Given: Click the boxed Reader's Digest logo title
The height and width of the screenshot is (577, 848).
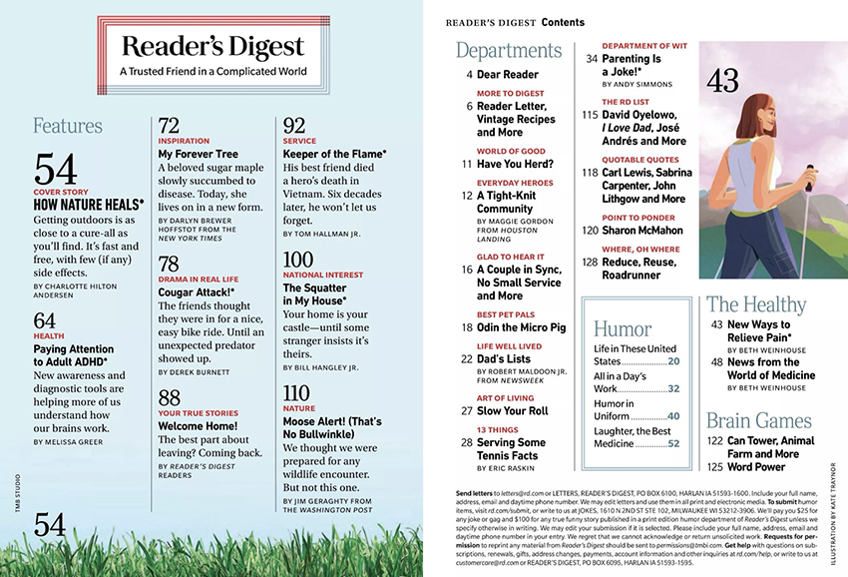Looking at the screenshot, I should pos(212,47).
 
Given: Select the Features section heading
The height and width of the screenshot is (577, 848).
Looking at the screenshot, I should pos(68,126).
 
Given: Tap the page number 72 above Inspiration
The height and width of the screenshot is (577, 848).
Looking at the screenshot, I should pos(170,126).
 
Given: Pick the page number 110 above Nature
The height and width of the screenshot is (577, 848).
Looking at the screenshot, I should pos(297,392).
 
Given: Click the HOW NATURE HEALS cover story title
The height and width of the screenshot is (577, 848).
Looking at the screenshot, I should pos(89,204).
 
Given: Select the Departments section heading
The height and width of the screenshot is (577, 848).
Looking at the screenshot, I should pos(509,51).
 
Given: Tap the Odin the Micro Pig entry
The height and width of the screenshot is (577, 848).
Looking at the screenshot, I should pos(521,327).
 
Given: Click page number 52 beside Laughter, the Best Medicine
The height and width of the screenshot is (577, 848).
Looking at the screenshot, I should pos(673,443).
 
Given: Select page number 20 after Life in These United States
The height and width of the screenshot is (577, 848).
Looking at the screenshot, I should pos(673,361).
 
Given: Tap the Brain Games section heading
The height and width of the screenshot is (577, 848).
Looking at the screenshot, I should pos(759,419).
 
